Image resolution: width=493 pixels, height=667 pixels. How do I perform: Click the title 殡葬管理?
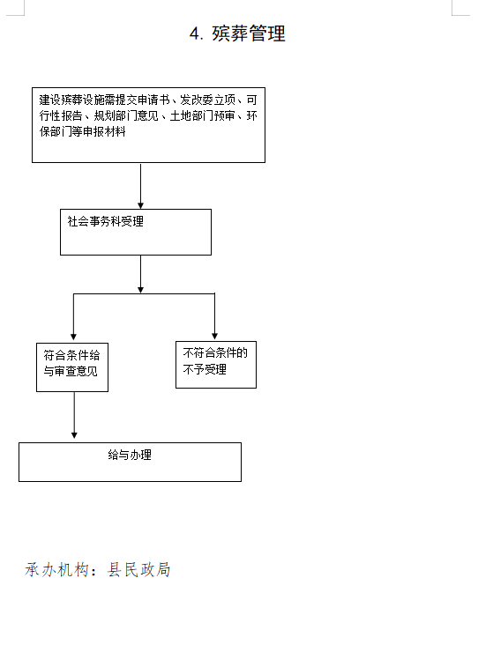(249, 33)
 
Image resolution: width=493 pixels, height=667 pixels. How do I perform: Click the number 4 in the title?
(195, 34)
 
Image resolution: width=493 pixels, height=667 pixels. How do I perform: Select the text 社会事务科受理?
(106, 221)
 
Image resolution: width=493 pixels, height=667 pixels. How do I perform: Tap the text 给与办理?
(130, 456)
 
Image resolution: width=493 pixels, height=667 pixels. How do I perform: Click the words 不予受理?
(205, 369)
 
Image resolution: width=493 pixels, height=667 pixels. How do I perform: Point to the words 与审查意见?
(71, 371)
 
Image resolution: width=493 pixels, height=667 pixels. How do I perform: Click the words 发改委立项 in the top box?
(208, 100)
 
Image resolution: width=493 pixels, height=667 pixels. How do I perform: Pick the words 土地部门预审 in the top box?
(202, 115)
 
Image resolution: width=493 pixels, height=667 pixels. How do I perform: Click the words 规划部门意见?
(126, 115)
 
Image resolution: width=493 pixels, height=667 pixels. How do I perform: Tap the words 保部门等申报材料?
(83, 131)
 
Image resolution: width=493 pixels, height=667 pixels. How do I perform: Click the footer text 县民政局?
(138, 569)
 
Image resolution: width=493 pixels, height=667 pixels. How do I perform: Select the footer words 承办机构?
(56, 569)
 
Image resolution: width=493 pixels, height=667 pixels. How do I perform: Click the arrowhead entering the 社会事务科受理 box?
(140, 206)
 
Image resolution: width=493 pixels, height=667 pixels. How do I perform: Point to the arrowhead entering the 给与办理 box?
(74, 435)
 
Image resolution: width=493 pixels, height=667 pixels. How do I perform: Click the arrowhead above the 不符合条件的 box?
(214, 336)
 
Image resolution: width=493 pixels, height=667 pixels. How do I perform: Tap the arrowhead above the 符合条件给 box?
(73, 337)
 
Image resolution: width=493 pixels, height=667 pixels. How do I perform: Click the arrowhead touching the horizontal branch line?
(140, 290)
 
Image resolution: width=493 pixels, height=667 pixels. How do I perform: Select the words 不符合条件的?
(215, 353)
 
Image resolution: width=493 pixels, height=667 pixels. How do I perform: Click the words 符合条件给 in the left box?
(72, 355)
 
